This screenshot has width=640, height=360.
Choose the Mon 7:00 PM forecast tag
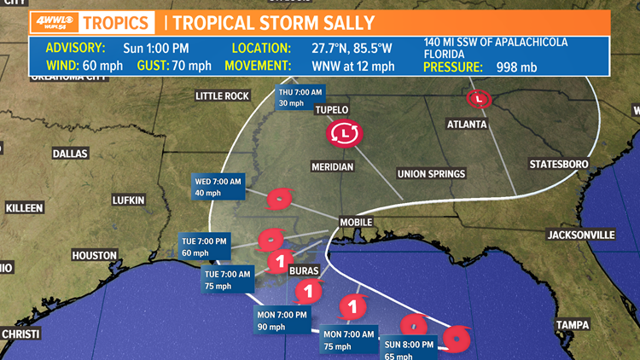coord(282,320)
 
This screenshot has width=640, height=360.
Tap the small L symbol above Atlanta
coord(480,99)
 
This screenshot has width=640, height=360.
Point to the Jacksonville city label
coord(581,234)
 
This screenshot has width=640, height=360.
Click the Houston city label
coord(95,255)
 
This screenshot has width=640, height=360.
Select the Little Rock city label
coord(222,96)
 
